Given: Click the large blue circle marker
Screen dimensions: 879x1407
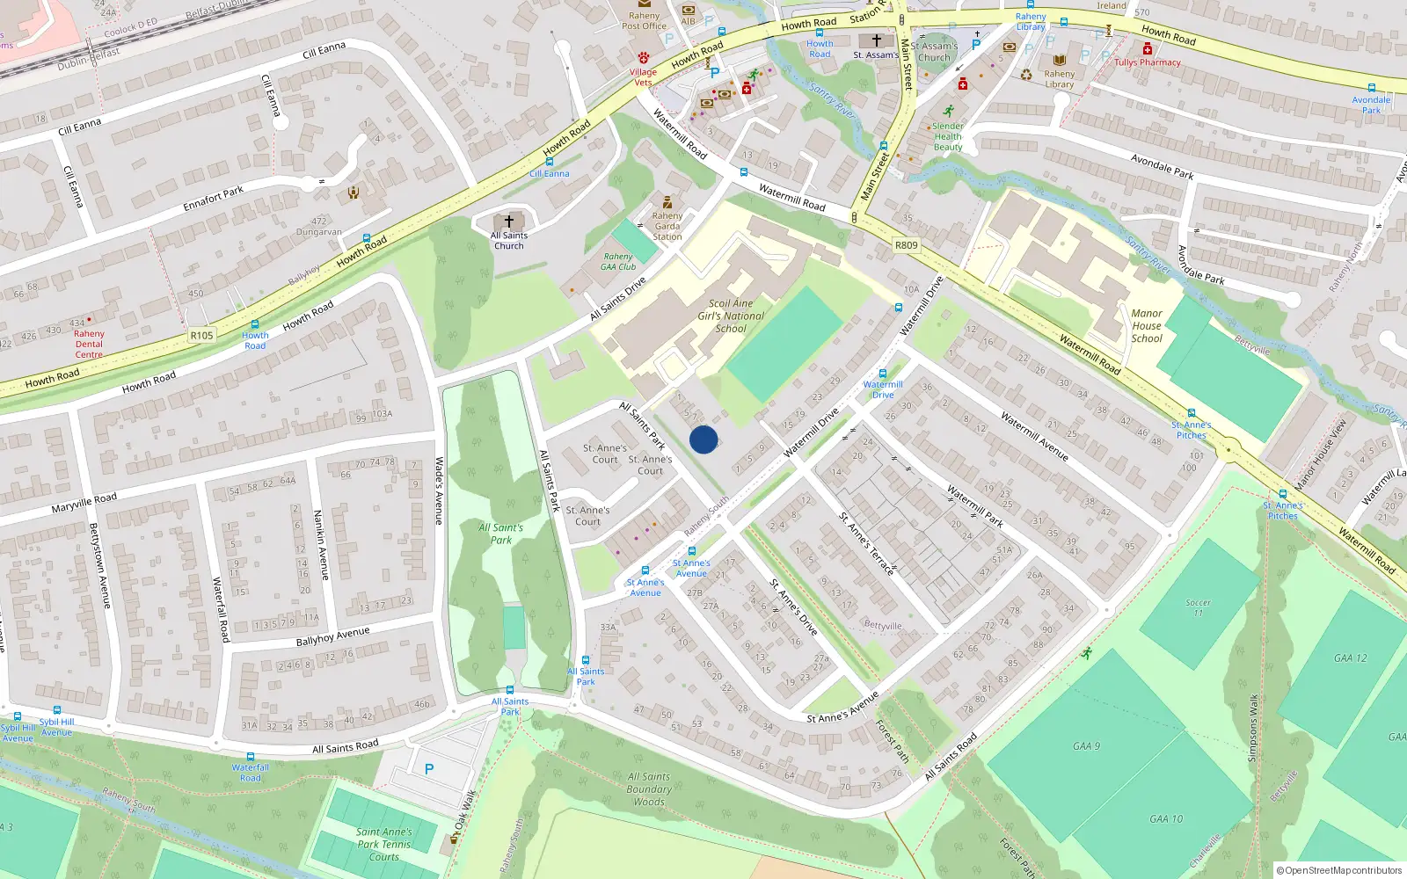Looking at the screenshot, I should [703, 439].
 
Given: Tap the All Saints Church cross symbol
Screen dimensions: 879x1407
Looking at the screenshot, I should [508, 222].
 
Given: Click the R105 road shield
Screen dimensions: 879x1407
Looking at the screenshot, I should [201, 335].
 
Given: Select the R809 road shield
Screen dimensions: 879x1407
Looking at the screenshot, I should [906, 245].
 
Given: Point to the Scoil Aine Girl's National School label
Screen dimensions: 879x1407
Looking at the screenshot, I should [731, 316].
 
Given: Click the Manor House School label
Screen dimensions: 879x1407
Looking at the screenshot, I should [1147, 325].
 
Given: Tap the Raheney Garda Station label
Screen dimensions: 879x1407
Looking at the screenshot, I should [667, 226].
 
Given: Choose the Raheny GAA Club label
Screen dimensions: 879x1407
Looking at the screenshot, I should [618, 262].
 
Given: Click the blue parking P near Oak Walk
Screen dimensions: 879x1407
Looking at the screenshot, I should [429, 769].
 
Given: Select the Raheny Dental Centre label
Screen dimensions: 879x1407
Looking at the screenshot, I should [89, 344].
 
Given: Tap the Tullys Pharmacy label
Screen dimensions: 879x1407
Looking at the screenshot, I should [1148, 62].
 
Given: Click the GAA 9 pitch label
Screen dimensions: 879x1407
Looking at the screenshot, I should [1086, 746].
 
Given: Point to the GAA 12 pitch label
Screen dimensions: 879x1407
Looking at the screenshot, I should [1350, 658].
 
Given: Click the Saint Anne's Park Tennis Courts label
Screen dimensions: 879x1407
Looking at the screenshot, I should [384, 844].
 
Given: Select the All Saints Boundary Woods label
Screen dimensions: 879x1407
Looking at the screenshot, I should [649, 788].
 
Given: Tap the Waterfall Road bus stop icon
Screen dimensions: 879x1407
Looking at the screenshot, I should [251, 757].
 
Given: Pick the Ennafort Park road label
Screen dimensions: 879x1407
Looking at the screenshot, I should [213, 199].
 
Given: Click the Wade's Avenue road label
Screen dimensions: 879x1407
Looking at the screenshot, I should [440, 490].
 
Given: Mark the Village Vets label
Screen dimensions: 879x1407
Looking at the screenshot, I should [643, 77].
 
